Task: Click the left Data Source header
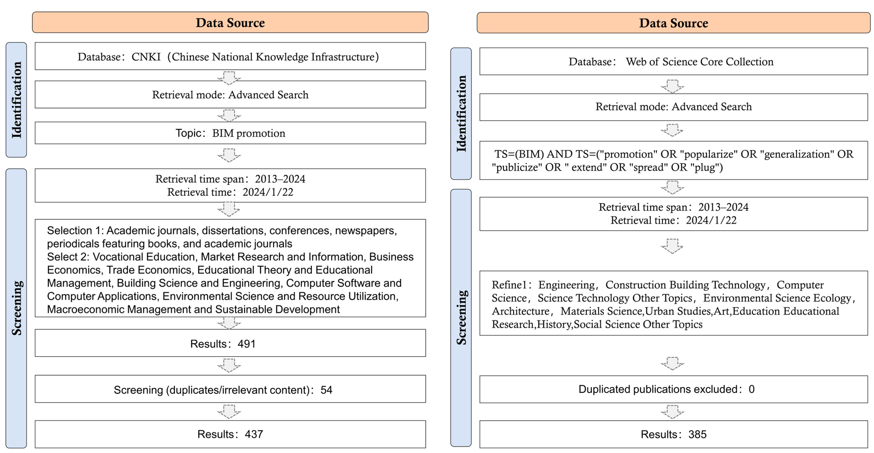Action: click(230, 22)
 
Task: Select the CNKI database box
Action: click(230, 56)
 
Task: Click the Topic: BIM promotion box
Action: click(230, 133)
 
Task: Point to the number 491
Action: click(246, 344)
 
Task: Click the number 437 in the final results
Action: click(254, 434)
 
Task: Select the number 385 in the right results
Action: click(697, 434)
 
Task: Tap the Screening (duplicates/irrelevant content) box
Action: click(230, 390)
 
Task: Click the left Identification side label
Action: click(16, 100)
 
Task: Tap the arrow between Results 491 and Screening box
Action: click(229, 365)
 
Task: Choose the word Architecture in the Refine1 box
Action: click(521, 311)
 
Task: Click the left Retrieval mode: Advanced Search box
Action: click(230, 95)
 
